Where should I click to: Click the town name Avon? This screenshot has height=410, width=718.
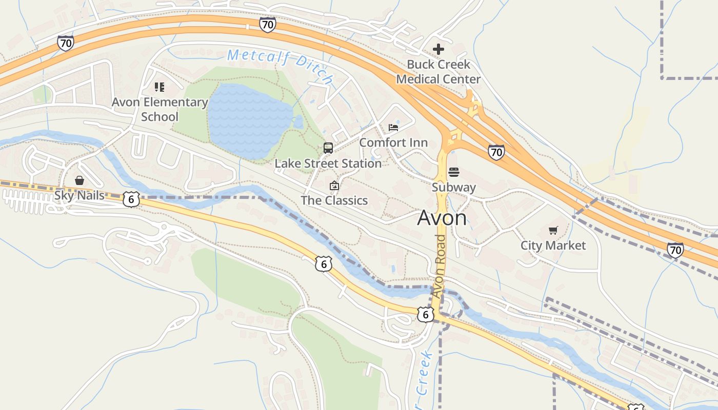tap(442, 218)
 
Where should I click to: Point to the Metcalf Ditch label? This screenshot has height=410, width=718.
tap(280, 66)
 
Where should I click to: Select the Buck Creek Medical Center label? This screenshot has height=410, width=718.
tap(438, 72)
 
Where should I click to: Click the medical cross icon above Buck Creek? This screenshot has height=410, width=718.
tap(438, 49)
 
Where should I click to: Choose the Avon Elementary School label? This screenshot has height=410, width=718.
tap(159, 109)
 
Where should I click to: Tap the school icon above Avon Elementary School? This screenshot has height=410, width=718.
tap(159, 87)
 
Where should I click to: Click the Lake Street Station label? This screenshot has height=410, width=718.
tap(328, 163)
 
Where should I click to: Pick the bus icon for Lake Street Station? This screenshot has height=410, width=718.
tap(328, 148)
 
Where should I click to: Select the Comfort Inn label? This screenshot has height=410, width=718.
tap(393, 142)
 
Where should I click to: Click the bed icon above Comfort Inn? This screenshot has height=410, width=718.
tap(393, 127)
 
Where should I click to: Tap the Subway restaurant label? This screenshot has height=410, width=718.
tap(454, 187)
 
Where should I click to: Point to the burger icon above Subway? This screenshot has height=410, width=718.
tap(454, 172)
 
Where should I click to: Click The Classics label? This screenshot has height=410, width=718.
tap(334, 200)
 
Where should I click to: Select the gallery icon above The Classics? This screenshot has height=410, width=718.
tap(334, 186)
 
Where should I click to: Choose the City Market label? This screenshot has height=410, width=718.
tap(553, 245)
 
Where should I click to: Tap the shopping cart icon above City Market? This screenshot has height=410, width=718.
tap(553, 231)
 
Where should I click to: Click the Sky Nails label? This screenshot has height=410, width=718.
tap(79, 195)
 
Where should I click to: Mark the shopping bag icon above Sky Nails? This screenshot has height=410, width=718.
tap(79, 180)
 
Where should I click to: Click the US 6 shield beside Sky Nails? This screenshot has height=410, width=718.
tap(131, 199)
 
